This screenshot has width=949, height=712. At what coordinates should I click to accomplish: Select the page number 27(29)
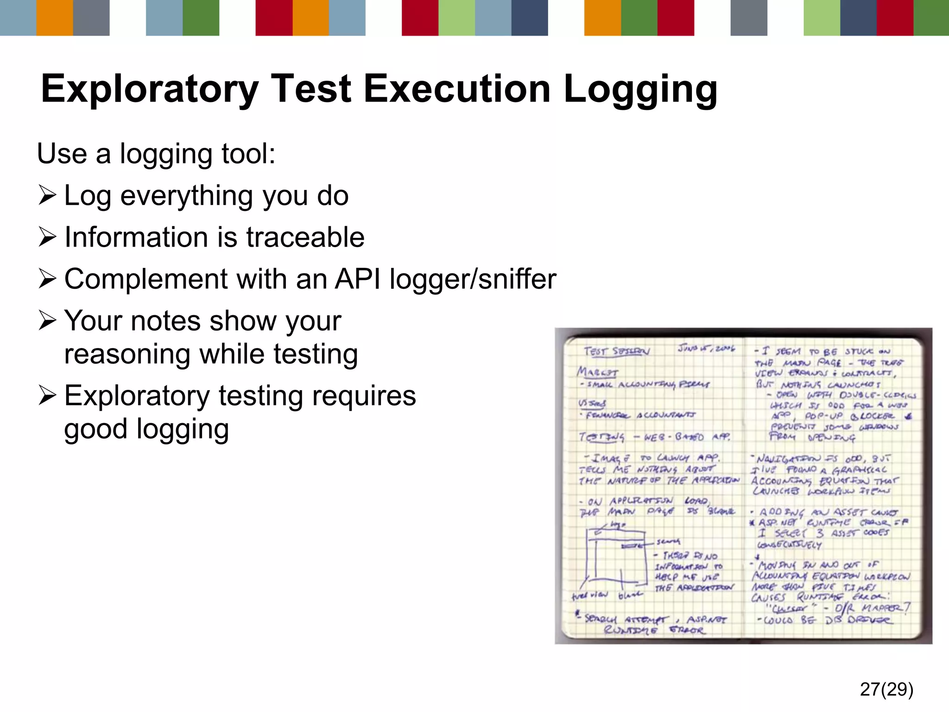[x=886, y=689]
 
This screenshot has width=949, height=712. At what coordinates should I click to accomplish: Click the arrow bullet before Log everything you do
[x=48, y=195]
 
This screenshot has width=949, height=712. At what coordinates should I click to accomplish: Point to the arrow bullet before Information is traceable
[x=48, y=237]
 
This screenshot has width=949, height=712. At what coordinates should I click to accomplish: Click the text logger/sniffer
[x=473, y=279]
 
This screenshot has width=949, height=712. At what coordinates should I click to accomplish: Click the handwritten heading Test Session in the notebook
[x=616, y=351]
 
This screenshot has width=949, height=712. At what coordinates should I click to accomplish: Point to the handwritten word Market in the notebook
[x=597, y=372]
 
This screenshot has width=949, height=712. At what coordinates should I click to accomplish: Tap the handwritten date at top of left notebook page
[x=706, y=348]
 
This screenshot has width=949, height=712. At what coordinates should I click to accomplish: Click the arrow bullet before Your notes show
[x=48, y=321]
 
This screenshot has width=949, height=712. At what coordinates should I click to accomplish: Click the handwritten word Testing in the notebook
[x=601, y=437]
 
